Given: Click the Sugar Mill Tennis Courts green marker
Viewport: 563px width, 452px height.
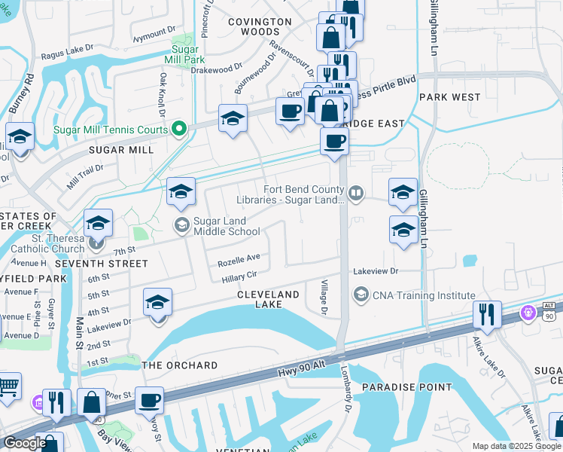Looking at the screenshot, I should pyautogui.click(x=178, y=130).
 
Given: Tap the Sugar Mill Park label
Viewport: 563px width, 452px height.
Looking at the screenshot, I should pyautogui.click(x=184, y=54).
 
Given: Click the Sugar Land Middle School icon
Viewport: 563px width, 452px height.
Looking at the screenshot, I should pyautogui.click(x=181, y=224).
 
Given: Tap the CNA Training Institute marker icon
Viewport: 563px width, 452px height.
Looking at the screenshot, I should pyautogui.click(x=361, y=295).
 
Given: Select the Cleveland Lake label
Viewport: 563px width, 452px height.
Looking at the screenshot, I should pyautogui.click(x=269, y=299).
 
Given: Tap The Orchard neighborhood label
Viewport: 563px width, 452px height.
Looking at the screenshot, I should pyautogui.click(x=180, y=365).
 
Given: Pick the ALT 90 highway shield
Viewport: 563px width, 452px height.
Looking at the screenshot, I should pyautogui.click(x=549, y=310).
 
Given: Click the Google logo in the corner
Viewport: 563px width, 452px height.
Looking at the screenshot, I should pyautogui.click(x=25, y=443).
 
